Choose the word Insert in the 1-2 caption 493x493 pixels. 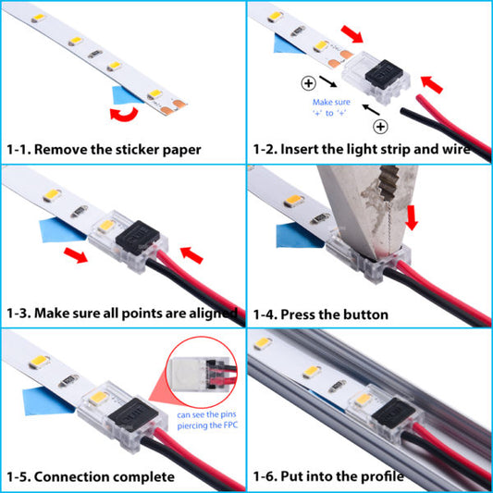pos(306,149)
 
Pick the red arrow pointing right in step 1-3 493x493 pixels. pos(77,254)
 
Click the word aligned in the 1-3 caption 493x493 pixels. pos(212,313)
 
